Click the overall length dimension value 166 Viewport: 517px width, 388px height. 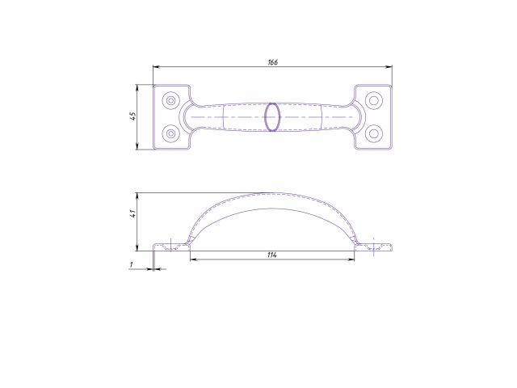coord(272,62)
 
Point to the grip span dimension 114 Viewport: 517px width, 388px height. coord(272,255)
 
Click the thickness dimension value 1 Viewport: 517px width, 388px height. coord(131,264)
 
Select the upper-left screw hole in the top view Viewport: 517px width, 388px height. coord(170,101)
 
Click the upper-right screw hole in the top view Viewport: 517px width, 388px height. coord(373,101)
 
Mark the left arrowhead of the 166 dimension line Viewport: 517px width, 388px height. coord(156,67)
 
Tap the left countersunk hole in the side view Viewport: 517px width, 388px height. coord(170,247)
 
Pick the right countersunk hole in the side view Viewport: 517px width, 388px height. coord(373,247)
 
